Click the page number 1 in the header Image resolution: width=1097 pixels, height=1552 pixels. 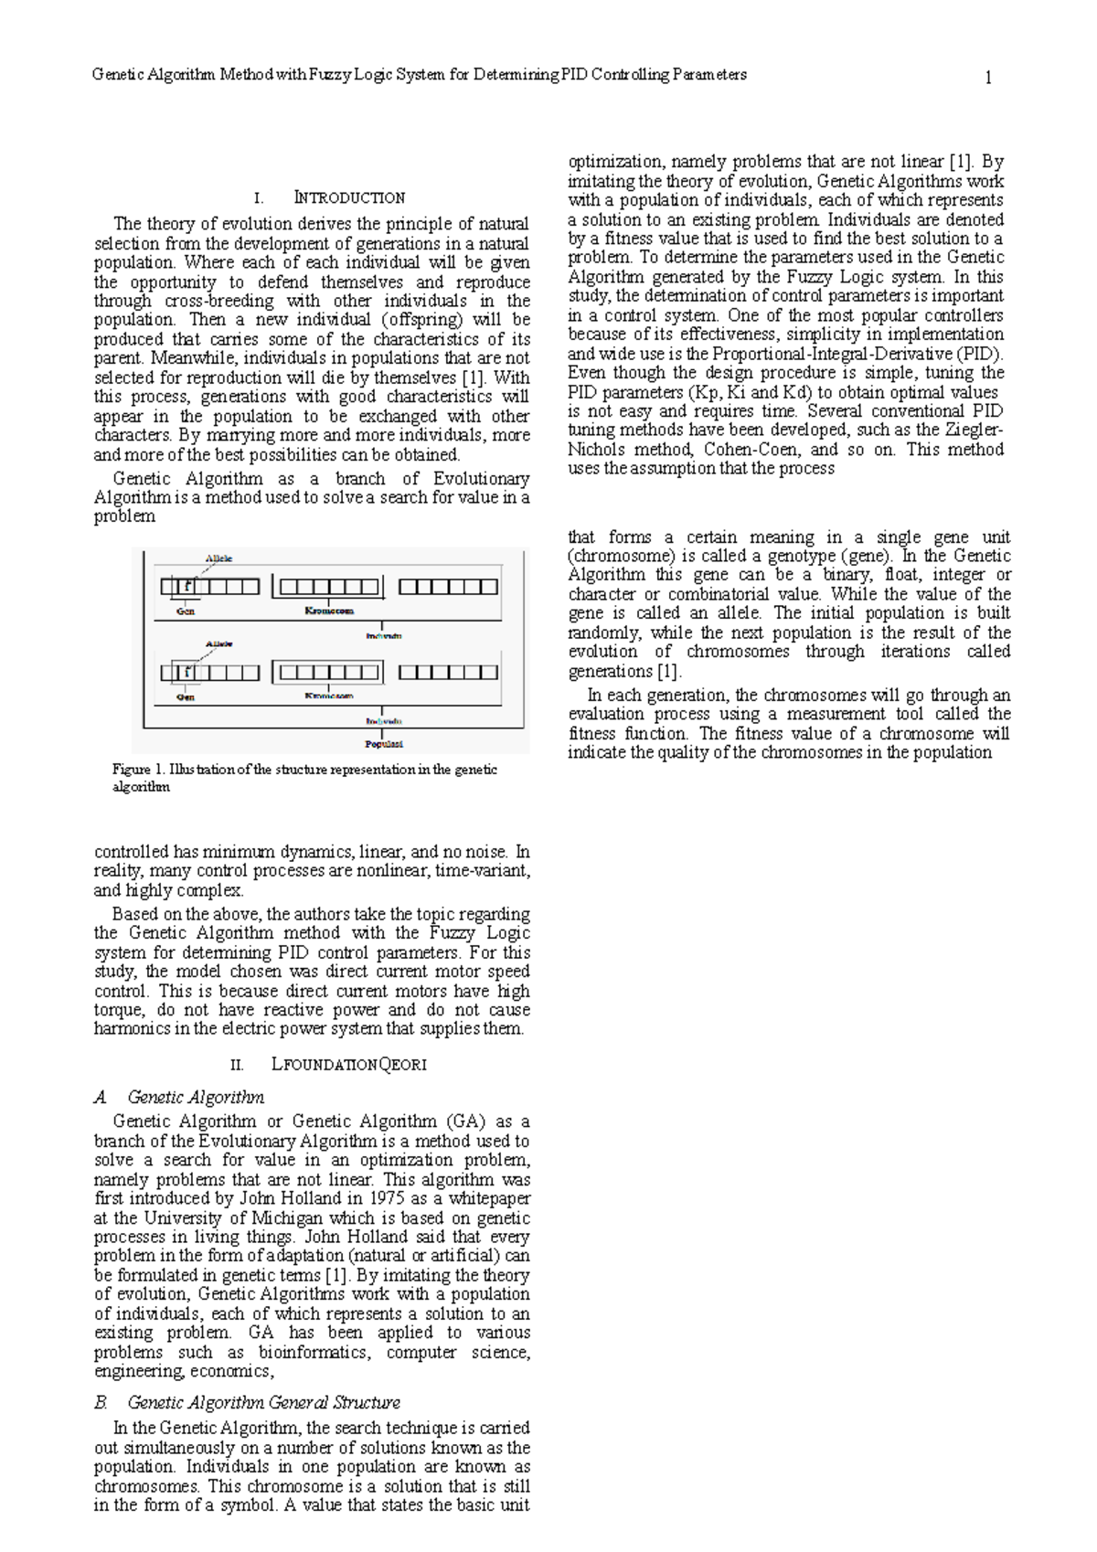click(988, 78)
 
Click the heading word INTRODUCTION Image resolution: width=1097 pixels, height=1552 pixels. click(349, 197)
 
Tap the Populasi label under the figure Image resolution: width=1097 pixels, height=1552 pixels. click(384, 744)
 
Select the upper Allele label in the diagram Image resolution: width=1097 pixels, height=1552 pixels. click(218, 558)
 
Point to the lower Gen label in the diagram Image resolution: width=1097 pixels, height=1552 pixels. click(186, 696)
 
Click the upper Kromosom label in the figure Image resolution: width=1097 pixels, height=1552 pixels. click(329, 611)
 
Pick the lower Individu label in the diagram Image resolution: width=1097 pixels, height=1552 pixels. click(384, 721)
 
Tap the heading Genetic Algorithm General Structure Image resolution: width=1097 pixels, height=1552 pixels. click(263, 1402)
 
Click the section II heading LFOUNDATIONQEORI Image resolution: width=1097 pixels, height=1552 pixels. click(349, 1065)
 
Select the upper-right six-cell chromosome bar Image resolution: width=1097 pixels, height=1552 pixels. click(448, 587)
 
